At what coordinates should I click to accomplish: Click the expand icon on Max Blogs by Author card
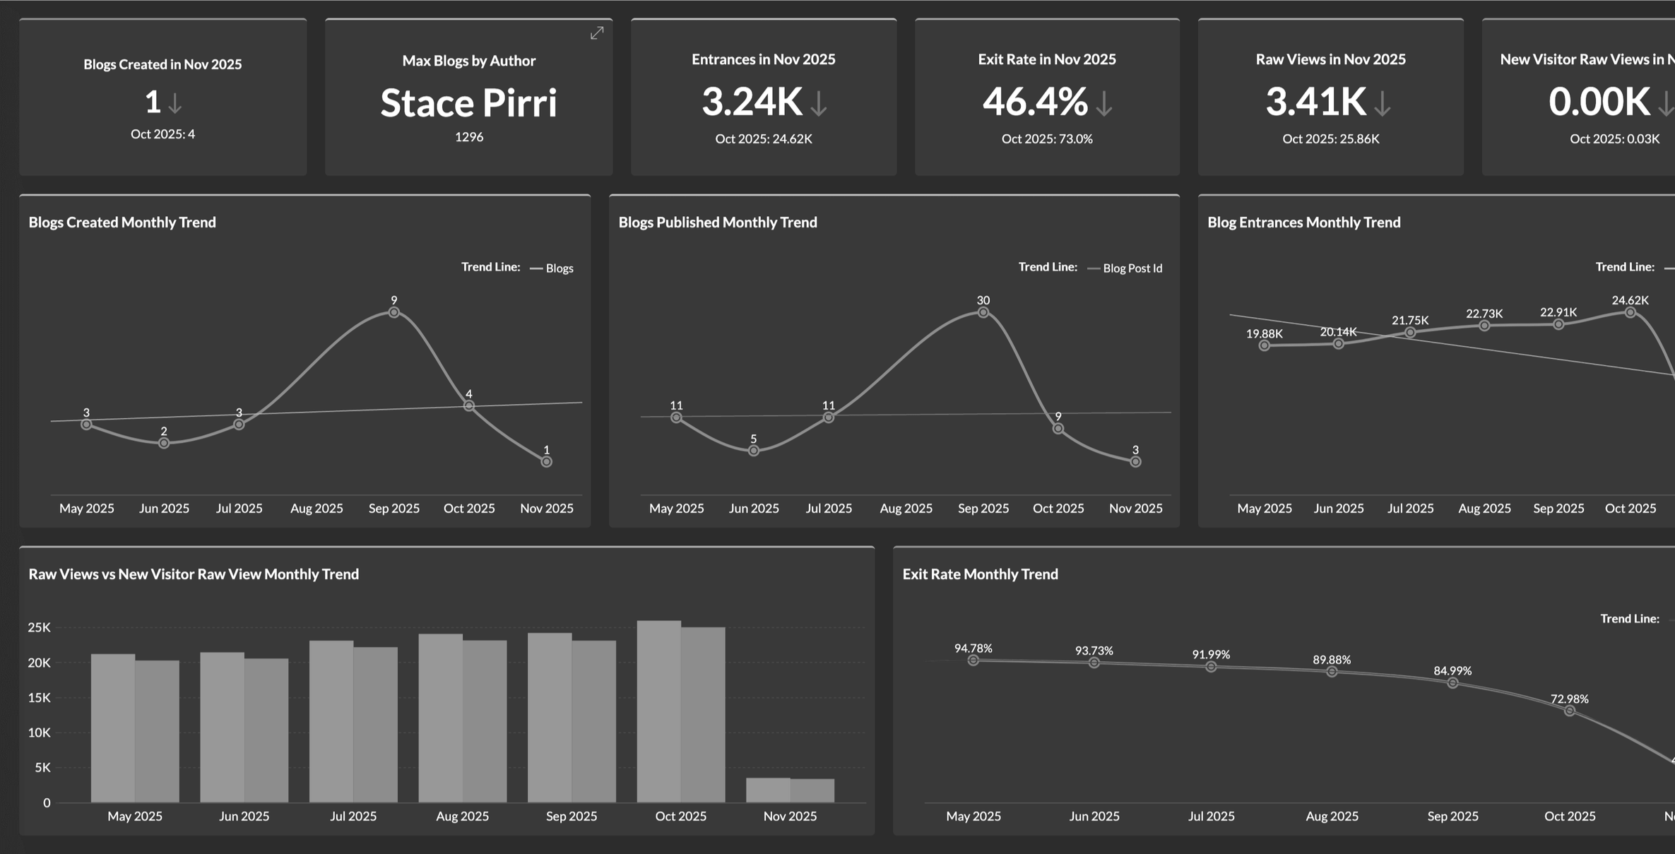tap(597, 33)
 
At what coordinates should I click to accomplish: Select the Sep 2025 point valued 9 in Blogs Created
tap(394, 312)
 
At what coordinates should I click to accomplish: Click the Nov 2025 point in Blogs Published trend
tap(1135, 462)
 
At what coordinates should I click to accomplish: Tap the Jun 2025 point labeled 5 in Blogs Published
tap(754, 451)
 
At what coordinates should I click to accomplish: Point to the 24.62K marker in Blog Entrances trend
tap(1630, 312)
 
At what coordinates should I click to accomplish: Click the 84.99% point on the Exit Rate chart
tap(1452, 683)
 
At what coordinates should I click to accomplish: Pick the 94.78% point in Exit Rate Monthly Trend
tap(973, 660)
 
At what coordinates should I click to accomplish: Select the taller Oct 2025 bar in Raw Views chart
tap(659, 711)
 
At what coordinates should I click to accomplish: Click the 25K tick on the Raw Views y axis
tap(40, 627)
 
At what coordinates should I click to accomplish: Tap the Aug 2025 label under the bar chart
tap(463, 816)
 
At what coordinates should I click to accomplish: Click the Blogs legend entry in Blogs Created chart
tap(552, 268)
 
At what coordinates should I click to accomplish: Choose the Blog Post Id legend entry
tap(1125, 268)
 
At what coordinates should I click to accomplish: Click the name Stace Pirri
tap(469, 103)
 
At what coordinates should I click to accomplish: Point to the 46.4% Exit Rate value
tap(1035, 102)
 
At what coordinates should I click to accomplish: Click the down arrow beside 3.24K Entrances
tap(819, 104)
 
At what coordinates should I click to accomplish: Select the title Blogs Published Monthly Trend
tap(718, 223)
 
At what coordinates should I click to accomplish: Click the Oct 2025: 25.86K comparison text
tap(1331, 139)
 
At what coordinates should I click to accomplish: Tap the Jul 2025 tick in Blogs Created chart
tap(239, 509)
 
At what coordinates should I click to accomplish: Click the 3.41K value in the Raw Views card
tap(1315, 102)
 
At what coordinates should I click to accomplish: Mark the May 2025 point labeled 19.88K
tap(1265, 345)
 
